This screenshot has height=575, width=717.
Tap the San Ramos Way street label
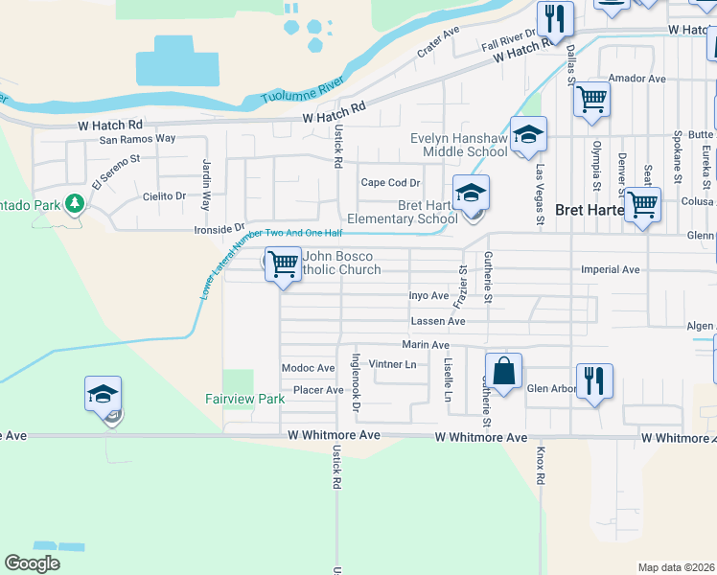point(138,139)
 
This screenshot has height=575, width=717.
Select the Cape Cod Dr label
point(390,183)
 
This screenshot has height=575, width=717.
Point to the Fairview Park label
point(245,399)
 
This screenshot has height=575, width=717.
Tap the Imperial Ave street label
point(611,270)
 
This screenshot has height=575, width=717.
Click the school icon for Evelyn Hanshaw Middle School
point(527,135)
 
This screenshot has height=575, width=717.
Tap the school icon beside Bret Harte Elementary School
point(471,194)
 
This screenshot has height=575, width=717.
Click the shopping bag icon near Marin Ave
point(503,371)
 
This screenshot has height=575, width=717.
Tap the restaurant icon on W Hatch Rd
point(555,18)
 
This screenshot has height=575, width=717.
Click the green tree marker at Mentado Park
point(73,204)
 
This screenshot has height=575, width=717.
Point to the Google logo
point(32,563)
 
